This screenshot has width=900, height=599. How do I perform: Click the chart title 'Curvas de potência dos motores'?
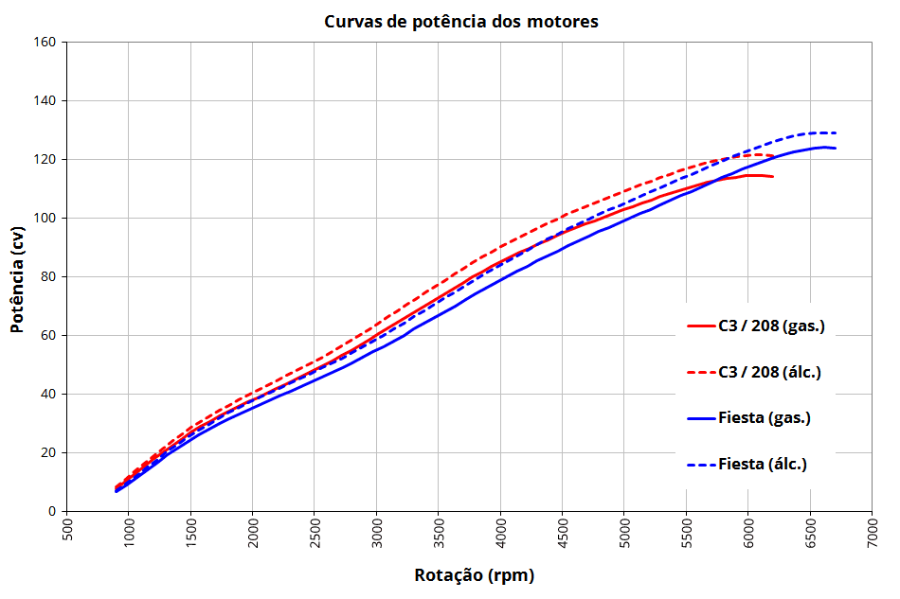pyautogui.click(x=461, y=21)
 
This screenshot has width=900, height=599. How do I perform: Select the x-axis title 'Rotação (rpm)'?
pyautogui.click(x=467, y=575)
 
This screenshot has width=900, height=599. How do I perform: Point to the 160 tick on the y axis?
pyautogui.click(x=45, y=43)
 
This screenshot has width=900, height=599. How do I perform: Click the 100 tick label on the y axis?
pyautogui.click(x=45, y=219)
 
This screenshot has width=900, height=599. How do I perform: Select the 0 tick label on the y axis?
pyautogui.click(x=52, y=512)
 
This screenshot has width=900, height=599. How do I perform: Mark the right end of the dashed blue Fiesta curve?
pyautogui.click(x=836, y=133)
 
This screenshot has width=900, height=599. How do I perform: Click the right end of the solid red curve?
pyautogui.click(x=773, y=177)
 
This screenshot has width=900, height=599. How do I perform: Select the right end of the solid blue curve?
pyautogui.click(x=836, y=148)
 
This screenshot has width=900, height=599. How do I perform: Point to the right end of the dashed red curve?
pyautogui.click(x=774, y=156)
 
